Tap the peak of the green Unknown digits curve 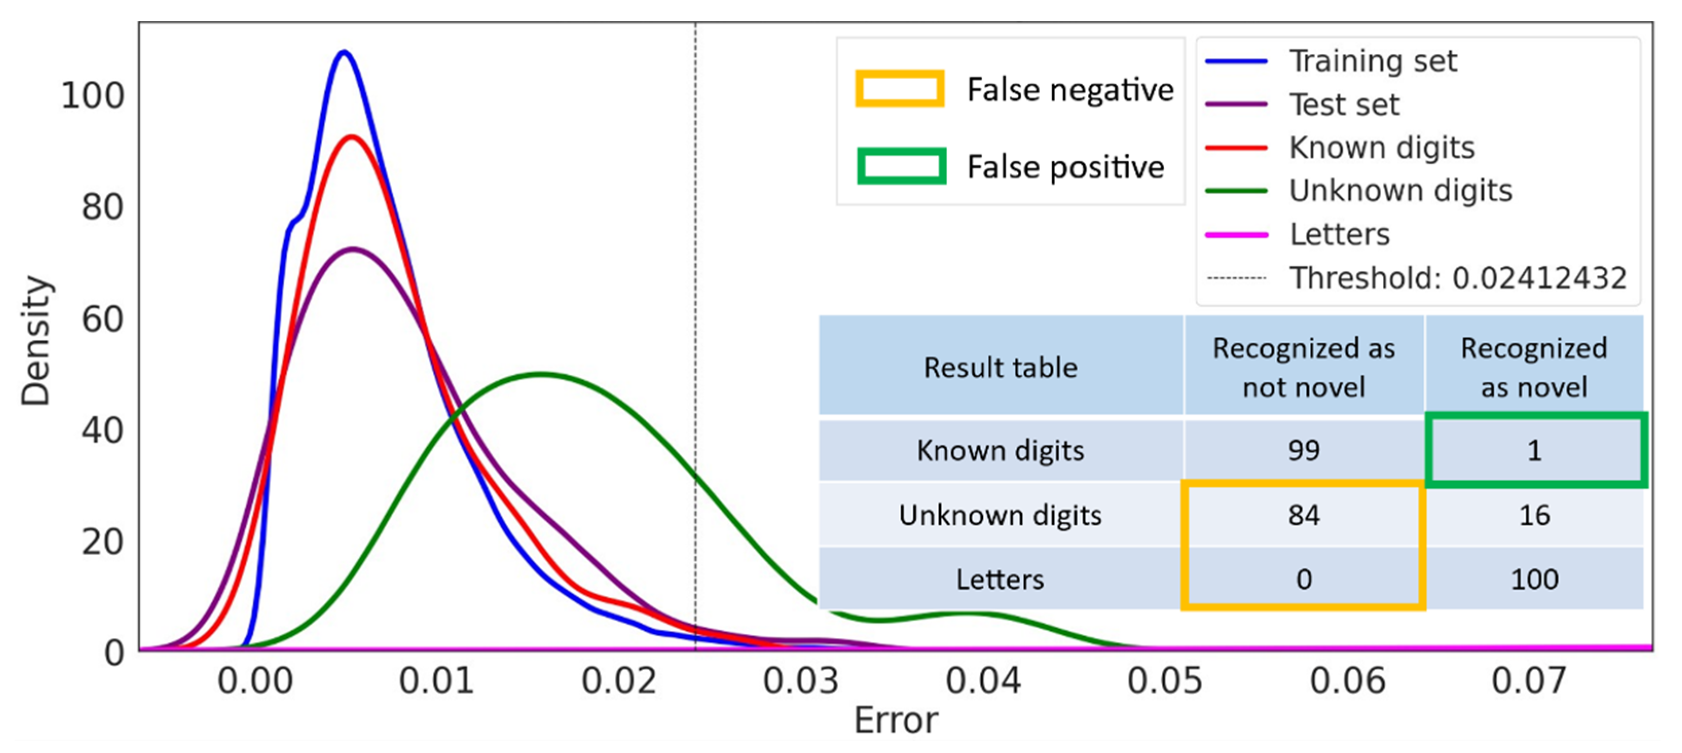pos(542,374)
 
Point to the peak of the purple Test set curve pos(353,249)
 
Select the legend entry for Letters pos(1339,234)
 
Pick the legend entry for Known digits pos(1381,148)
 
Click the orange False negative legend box pos(899,89)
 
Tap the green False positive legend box pos(901,166)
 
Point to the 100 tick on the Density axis pos(92,96)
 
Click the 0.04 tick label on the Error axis pos(983,681)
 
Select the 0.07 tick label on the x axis pos(1528,681)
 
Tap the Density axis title pos(35,341)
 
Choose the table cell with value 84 pos(1303,516)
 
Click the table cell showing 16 pos(1534,516)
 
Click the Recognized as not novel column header pos(1303,367)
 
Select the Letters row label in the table pos(1000,579)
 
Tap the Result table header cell pos(1000,367)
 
